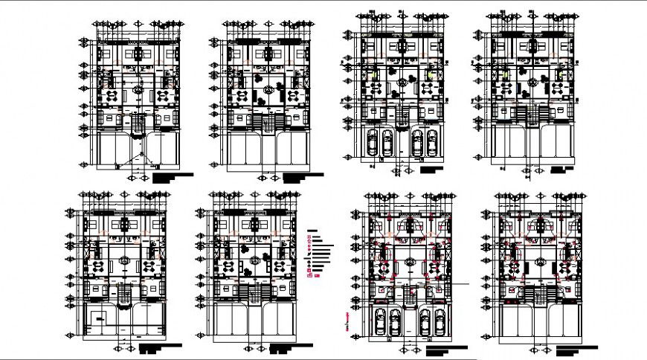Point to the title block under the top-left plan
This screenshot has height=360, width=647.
(172, 177)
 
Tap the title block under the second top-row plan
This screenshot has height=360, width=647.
(303, 177)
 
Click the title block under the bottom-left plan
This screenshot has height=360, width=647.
(159, 347)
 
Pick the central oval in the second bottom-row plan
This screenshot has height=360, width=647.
(256, 260)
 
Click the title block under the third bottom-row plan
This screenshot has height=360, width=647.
(446, 348)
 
